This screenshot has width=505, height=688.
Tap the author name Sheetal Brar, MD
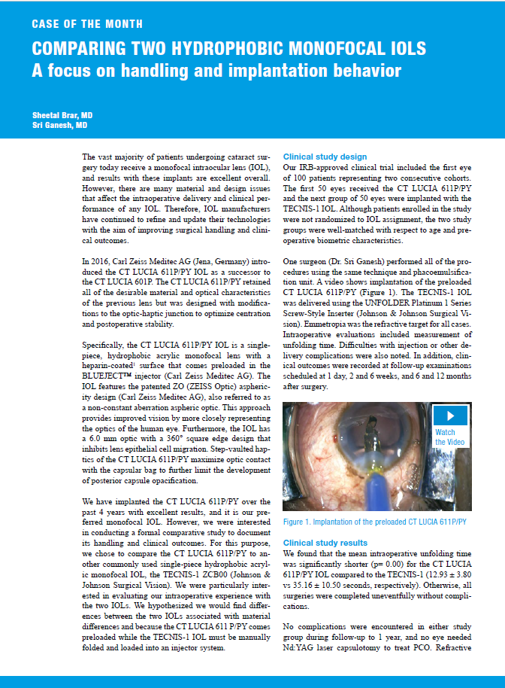62,114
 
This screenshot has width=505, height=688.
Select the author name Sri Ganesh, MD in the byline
59,126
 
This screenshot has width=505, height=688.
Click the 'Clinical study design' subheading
325,157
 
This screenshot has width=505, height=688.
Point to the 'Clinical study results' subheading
325,543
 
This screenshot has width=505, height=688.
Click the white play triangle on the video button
450,416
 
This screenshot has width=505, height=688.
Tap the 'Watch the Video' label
446,437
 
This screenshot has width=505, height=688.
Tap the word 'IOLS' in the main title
390,49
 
